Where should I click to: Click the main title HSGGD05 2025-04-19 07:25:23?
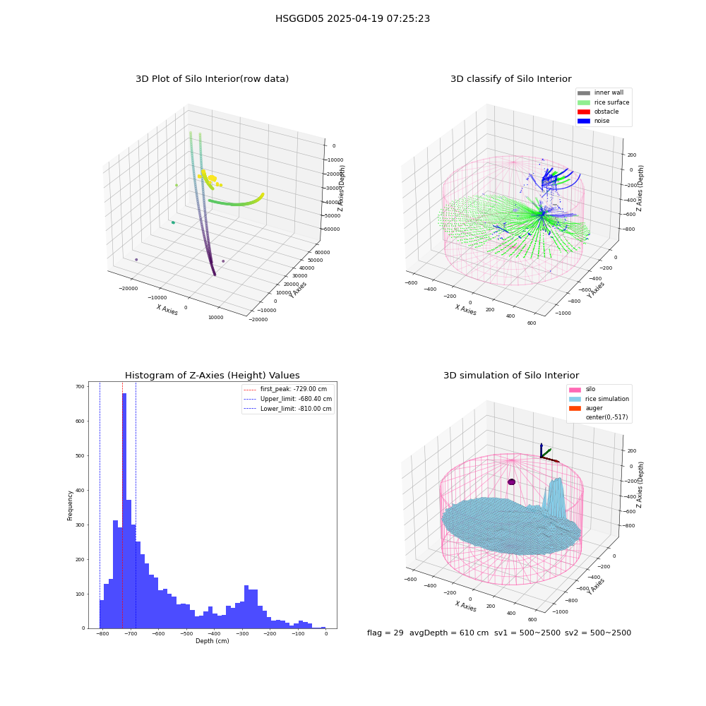(352, 19)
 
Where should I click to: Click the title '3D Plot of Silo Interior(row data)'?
(212, 79)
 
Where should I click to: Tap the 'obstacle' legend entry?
(598, 112)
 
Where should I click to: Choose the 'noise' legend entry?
(594, 121)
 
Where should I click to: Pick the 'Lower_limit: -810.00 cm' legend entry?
(287, 409)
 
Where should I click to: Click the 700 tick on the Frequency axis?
(80, 386)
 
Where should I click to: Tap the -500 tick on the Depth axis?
(186, 634)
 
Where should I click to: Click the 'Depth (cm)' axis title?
(212, 641)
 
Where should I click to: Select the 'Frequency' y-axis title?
(70, 505)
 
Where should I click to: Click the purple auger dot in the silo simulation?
(511, 481)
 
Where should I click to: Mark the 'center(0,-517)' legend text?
(606, 417)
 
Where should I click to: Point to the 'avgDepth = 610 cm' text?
(449, 633)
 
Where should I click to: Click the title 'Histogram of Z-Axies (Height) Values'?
(212, 376)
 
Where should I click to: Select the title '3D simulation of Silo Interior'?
(511, 376)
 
